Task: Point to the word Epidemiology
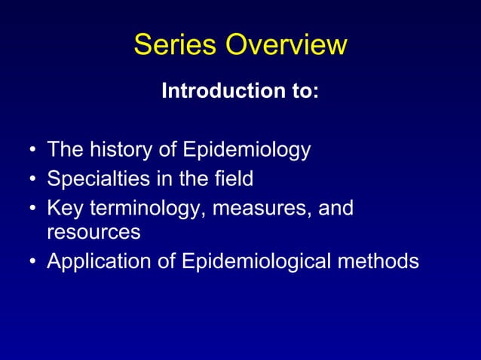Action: click(246, 151)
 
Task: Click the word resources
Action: click(93, 233)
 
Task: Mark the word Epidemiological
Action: click(256, 261)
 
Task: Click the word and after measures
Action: click(335, 206)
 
